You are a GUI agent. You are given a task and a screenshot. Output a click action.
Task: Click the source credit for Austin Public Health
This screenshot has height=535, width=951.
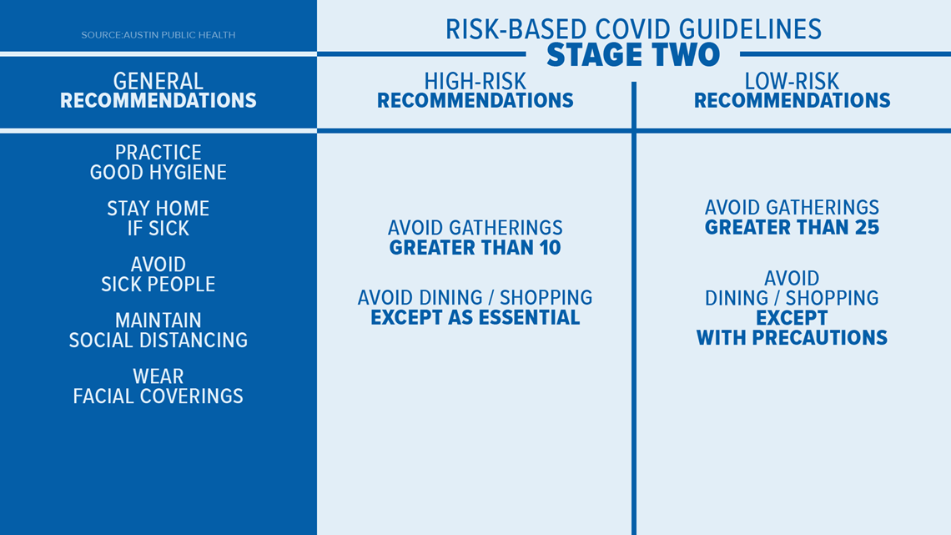pos(158,35)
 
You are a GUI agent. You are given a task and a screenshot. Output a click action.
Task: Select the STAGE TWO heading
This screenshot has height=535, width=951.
pos(633,56)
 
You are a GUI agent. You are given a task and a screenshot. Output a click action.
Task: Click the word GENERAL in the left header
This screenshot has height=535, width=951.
pos(158,81)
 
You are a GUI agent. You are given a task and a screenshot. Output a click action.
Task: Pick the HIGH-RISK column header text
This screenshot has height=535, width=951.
pos(475,81)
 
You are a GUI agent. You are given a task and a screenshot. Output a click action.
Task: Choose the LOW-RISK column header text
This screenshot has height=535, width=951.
pos(792,81)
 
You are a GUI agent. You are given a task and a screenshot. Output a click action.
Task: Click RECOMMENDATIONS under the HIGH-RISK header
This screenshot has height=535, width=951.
pos(475,101)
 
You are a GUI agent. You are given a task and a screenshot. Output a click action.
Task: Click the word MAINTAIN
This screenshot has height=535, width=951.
pos(158,320)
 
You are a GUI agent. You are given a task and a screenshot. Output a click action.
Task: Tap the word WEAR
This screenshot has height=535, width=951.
pos(158,376)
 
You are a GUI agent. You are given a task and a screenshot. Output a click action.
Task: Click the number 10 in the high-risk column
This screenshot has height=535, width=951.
pos(548,248)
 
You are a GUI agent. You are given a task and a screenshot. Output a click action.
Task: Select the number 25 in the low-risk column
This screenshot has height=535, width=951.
pos(865,228)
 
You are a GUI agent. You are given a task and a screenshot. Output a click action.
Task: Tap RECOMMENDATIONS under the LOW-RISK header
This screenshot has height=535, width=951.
pos(792,101)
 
